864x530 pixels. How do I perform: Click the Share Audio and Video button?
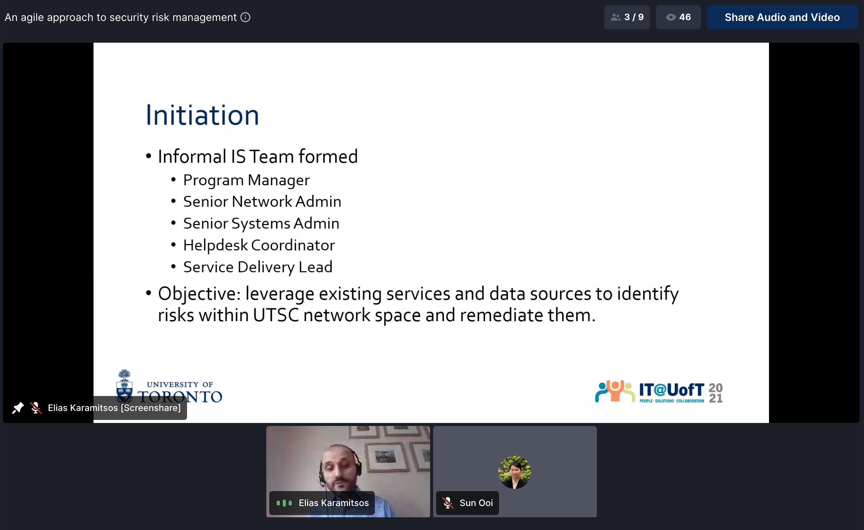[x=782, y=17]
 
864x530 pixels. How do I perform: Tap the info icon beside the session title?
[x=245, y=17]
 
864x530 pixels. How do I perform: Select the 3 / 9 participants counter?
[x=627, y=17]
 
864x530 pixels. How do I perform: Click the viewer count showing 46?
[x=678, y=17]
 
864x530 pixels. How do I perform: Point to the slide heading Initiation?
[x=202, y=115]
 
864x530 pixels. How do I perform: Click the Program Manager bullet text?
[x=246, y=180]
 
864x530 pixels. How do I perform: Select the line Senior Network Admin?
[x=262, y=201]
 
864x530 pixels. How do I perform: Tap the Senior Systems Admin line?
[x=261, y=223]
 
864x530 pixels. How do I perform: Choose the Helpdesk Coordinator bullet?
[x=259, y=245]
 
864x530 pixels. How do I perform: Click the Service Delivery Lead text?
[x=258, y=267]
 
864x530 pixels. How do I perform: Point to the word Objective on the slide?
[x=199, y=294]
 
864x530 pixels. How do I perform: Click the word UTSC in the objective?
[x=276, y=315]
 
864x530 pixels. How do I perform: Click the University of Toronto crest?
[x=124, y=386]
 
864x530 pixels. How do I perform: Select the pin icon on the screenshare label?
[x=18, y=408]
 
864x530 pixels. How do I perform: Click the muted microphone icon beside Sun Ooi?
[x=448, y=503]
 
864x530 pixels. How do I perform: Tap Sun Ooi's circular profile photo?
[x=515, y=472]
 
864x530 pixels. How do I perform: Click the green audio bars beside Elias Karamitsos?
[x=284, y=503]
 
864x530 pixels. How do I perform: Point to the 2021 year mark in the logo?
[x=716, y=393]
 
